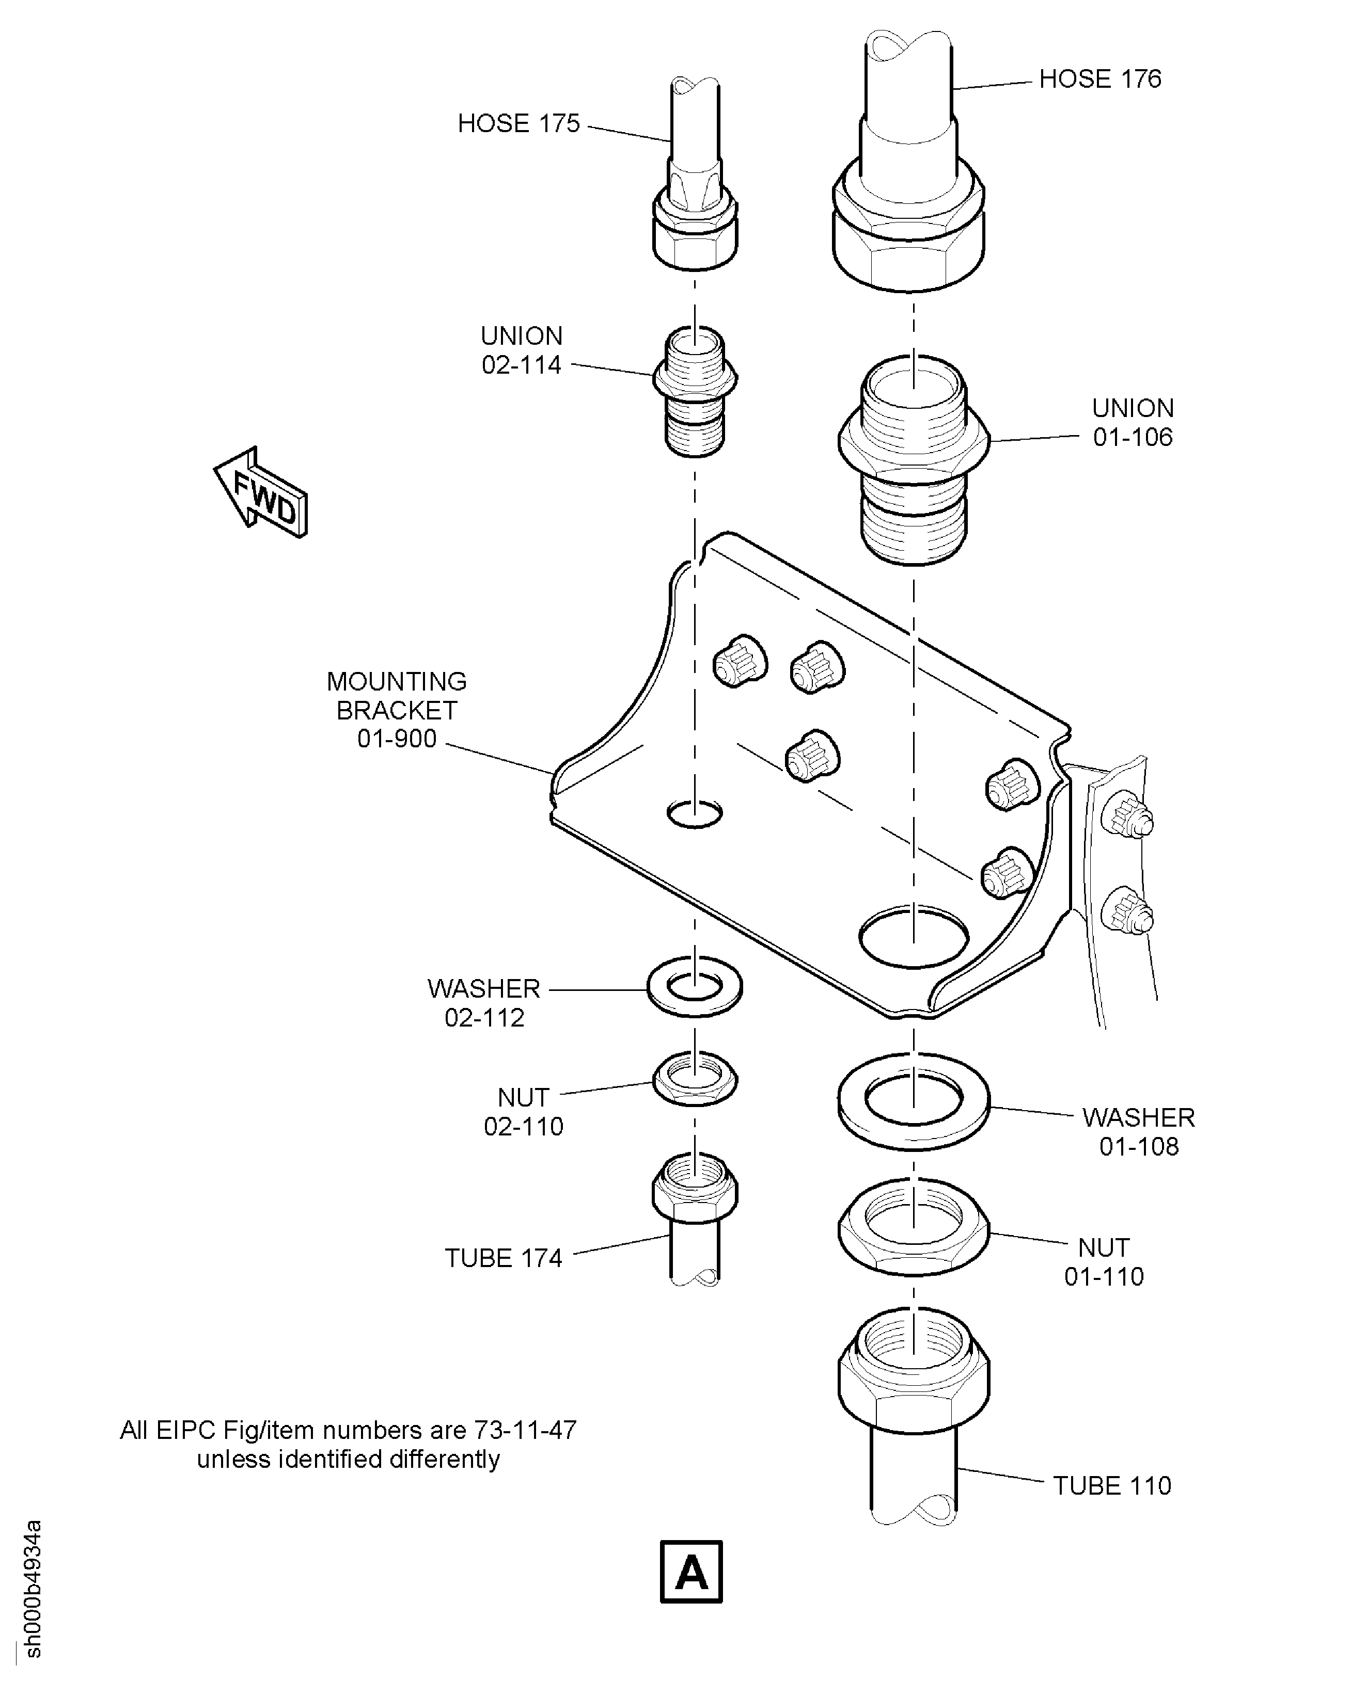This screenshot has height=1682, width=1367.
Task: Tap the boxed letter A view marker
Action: pos(690,1571)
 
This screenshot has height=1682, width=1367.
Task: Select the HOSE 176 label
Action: pos(1100,79)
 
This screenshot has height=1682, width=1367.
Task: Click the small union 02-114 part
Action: pos(695,390)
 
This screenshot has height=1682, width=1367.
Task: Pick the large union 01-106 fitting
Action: pos(914,460)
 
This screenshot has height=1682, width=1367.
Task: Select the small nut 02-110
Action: pos(695,1078)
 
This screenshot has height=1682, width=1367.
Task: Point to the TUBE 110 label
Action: pos(1112,1486)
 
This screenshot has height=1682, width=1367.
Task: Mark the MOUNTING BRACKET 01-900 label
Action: pos(397,710)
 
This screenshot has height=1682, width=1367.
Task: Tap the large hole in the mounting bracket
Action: pos(914,936)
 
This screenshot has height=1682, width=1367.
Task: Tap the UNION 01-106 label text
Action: pos(1133,423)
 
